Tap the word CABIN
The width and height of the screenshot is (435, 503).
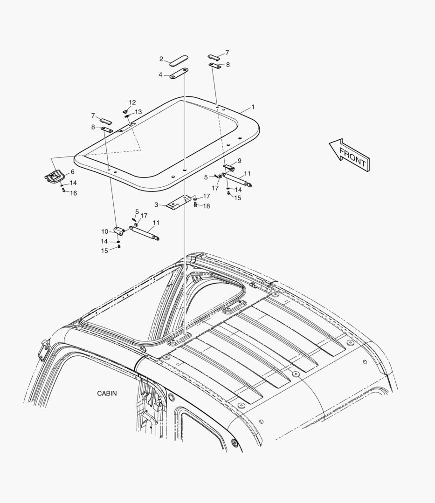pyautogui.click(x=107, y=393)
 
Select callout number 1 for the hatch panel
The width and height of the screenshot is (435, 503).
pyautogui.click(x=253, y=107)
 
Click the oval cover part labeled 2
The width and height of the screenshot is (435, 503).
pyautogui.click(x=179, y=60)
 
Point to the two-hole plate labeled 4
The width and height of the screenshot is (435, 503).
pyautogui.click(x=179, y=73)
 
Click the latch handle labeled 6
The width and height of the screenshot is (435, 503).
pyautogui.click(x=54, y=177)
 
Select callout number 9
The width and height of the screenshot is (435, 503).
pyautogui.click(x=240, y=161)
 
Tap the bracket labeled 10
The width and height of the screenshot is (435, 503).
pyautogui.click(x=119, y=231)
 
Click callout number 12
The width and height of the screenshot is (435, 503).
pyautogui.click(x=132, y=102)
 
